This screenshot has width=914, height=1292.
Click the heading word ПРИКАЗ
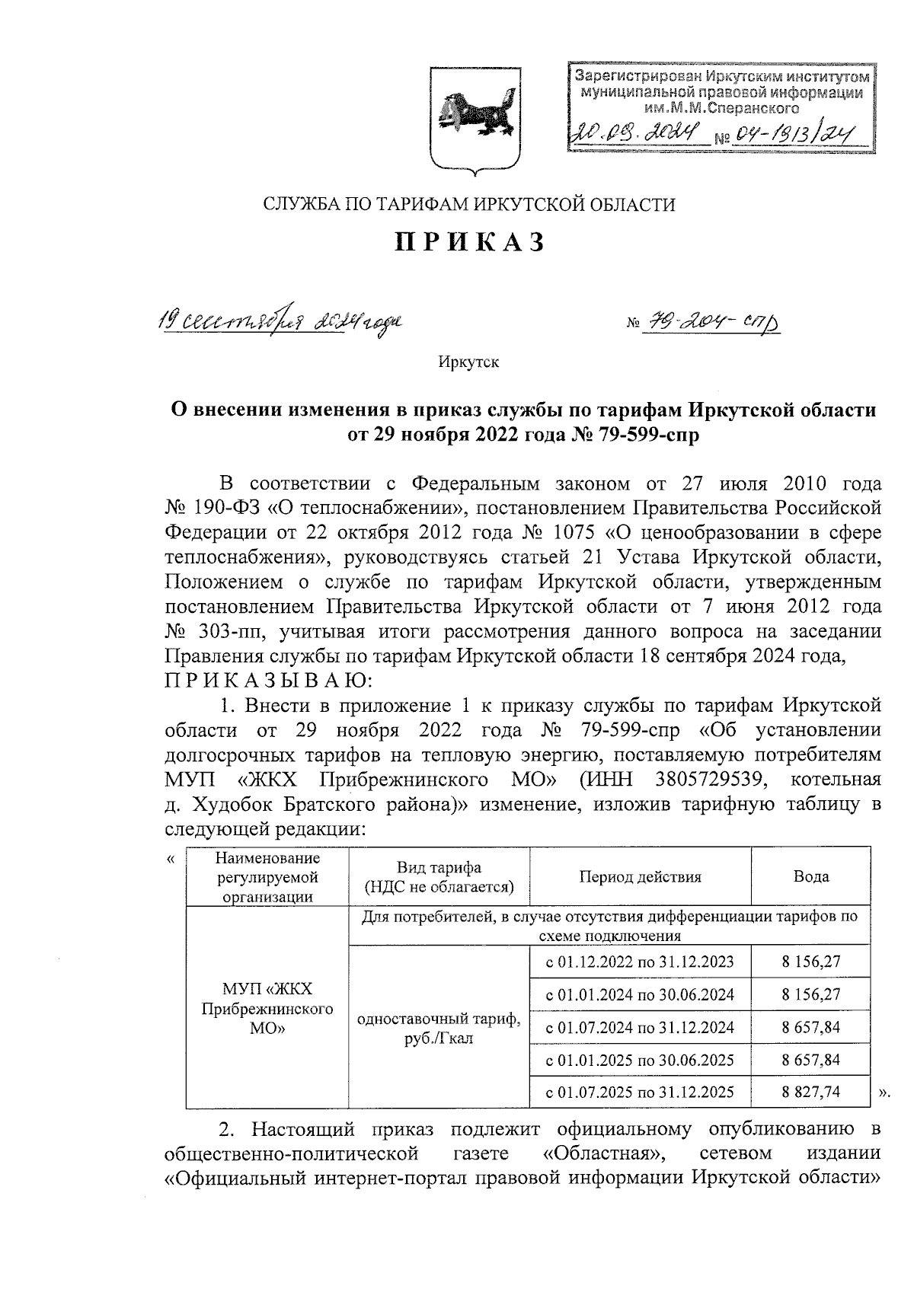pyautogui.click(x=469, y=241)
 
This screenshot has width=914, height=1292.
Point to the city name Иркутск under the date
pyautogui.click(x=468, y=362)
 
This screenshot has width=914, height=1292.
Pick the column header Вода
pyautogui.click(x=810, y=876)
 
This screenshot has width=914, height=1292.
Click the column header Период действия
pyautogui.click(x=640, y=876)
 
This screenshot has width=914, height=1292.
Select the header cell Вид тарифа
pyautogui.click(x=439, y=876)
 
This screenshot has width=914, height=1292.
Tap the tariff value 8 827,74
pyautogui.click(x=810, y=1092)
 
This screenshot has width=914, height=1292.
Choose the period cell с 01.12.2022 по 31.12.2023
pyautogui.click(x=640, y=962)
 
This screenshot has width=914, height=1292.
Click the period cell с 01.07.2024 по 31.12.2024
pyautogui.click(x=640, y=1027)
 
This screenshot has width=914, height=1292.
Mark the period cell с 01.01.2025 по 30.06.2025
pyautogui.click(x=640, y=1059)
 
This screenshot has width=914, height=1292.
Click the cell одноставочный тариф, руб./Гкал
pyautogui.click(x=439, y=1027)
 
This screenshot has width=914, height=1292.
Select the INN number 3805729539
pyautogui.click(x=709, y=780)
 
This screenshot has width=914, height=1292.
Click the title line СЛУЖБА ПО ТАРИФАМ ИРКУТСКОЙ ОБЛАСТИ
pyautogui.click(x=469, y=204)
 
